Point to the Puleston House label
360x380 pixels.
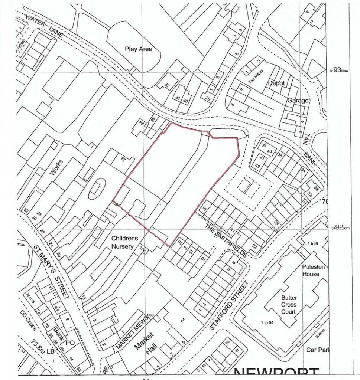click(311, 270)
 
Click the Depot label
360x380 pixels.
click(276, 83)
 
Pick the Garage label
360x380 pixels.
click(298, 100)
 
